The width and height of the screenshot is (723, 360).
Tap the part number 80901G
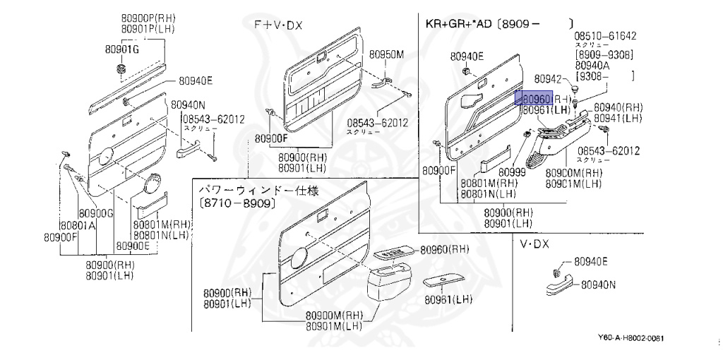122,49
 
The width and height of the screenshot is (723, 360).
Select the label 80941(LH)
618,118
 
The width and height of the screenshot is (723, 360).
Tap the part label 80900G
97,213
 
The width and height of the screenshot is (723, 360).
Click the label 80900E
133,246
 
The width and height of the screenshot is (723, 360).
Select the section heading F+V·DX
278,25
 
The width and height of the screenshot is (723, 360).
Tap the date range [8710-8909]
237,203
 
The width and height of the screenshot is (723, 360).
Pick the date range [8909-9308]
604,54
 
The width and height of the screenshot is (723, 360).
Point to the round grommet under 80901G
120,68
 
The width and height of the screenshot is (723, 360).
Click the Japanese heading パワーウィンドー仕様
258,191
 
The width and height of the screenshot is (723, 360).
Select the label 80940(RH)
618,107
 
